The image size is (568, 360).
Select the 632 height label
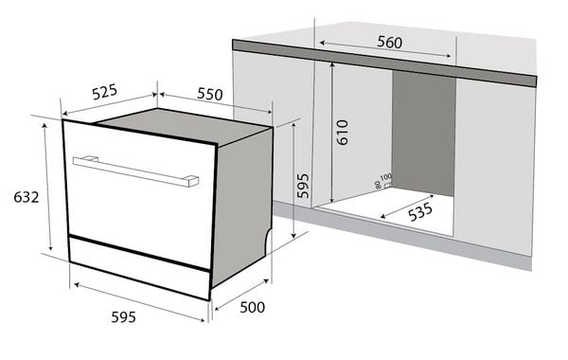point(26,197)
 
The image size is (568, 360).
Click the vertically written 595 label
point(303,185)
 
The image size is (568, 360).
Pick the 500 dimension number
point(251,307)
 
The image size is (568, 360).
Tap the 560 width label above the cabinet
point(388,42)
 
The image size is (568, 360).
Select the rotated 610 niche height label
point(343,131)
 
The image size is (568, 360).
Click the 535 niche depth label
point(421,213)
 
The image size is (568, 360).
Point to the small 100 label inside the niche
point(385,177)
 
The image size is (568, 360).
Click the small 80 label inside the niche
point(378,185)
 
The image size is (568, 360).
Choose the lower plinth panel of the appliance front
point(137,265)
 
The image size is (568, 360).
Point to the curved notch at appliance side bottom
point(266,237)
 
